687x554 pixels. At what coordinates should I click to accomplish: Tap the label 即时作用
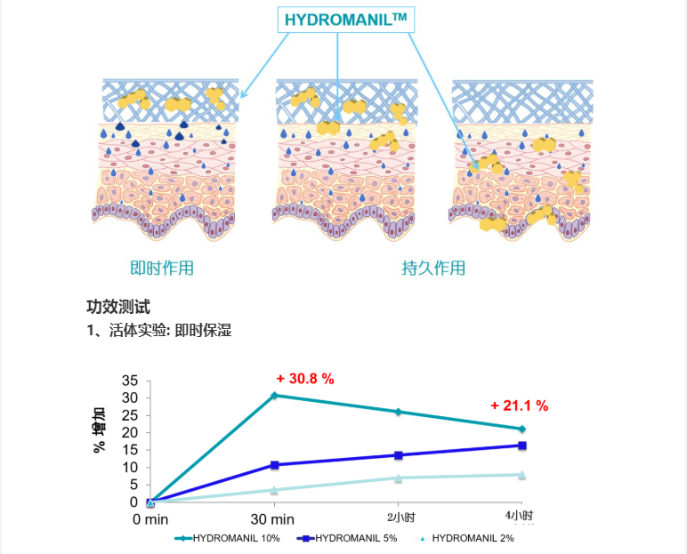[x=162, y=268]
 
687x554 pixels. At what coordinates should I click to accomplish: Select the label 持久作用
[x=433, y=268]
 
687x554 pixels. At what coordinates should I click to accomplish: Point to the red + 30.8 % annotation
[x=305, y=379]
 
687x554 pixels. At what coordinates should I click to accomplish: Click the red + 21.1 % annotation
[x=519, y=405]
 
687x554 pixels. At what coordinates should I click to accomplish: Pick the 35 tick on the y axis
[x=131, y=380]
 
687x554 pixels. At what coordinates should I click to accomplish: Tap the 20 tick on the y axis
[x=131, y=432]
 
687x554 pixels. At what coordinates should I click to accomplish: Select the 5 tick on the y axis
[x=134, y=485]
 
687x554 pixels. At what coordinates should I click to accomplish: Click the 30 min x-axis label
[x=271, y=518]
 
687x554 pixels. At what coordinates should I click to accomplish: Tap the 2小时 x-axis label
[x=400, y=517]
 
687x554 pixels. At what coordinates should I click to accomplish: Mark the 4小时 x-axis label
[x=521, y=516]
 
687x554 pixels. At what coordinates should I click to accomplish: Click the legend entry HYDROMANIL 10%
[x=230, y=538]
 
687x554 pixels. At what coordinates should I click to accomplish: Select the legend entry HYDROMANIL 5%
[x=353, y=538]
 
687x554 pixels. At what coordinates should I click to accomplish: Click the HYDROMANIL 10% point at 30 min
[x=274, y=395]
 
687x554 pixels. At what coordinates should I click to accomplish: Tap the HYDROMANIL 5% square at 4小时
[x=522, y=446]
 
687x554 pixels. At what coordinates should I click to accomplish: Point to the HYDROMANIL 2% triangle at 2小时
[x=398, y=478]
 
